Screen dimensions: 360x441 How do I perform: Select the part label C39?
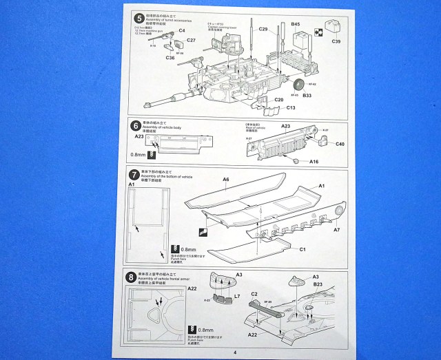tap(336, 42)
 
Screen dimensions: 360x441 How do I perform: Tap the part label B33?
tap(307, 96)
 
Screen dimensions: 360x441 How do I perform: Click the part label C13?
tap(290, 107)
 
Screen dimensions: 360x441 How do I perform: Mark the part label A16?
tap(313, 162)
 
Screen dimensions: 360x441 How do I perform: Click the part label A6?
tap(225, 180)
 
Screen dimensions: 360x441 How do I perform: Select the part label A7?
tap(337, 229)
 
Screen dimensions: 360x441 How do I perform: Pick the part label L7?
tap(236, 295)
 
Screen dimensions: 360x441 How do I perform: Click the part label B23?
tap(318, 284)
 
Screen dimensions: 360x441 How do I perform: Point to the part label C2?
tap(254, 294)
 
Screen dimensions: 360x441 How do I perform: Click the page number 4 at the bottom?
tap(235, 352)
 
